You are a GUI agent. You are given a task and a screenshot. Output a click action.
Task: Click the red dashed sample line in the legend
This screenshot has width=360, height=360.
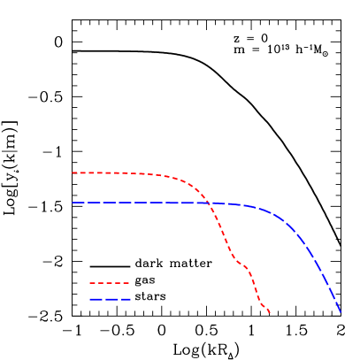(x=110, y=283)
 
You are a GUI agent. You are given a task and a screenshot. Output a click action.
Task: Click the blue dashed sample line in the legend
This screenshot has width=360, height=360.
(x=110, y=299)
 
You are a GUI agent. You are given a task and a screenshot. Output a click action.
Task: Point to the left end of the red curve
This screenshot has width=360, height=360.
(x=73, y=172)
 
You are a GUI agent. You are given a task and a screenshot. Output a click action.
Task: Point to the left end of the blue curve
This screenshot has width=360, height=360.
(x=73, y=203)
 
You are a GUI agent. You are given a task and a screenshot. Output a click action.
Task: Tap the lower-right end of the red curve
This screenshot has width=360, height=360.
(x=269, y=312)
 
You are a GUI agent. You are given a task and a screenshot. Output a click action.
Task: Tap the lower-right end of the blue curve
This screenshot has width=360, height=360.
(x=341, y=311)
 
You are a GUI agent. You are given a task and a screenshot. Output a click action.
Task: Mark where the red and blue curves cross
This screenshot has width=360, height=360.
(x=208, y=203)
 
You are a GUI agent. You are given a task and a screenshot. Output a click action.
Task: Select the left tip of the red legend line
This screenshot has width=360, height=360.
(x=89, y=283)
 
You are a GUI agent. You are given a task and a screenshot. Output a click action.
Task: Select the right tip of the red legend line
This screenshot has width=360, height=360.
(x=130, y=283)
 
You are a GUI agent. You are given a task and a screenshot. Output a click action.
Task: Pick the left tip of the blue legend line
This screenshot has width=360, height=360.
(x=89, y=299)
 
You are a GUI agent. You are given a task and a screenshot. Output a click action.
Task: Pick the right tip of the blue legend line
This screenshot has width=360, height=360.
(x=130, y=299)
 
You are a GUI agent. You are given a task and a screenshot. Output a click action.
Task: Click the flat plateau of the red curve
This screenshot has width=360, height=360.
(x=115, y=172)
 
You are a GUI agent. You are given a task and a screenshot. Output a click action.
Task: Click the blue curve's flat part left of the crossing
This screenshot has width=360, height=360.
(x=133, y=203)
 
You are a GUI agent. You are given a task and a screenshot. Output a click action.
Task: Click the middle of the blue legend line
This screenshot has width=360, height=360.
(x=110, y=299)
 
